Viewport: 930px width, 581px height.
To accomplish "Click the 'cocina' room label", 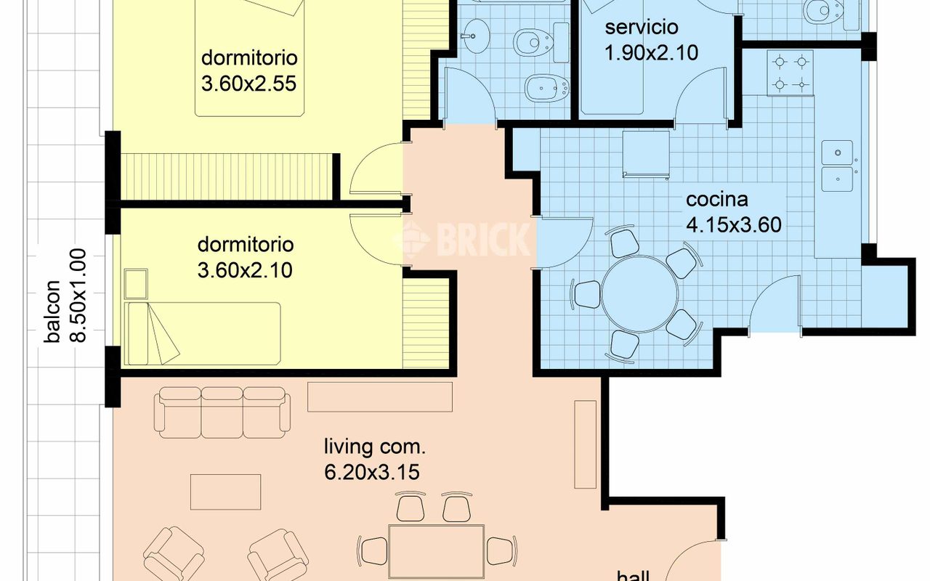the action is point(717,200).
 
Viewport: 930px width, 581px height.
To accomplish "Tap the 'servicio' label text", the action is point(642,28).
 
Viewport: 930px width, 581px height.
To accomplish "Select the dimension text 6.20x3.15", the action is point(372,472).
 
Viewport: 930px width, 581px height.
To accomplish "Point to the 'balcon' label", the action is point(53,312).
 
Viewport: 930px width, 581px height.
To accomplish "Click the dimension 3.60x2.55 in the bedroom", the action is point(248,84).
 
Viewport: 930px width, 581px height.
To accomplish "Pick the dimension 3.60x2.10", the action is point(245,271).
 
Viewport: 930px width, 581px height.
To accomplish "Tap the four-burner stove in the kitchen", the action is point(790,73).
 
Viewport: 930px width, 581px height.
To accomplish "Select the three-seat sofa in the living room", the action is point(222,413).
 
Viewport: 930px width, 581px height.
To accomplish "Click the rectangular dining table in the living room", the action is point(437,552).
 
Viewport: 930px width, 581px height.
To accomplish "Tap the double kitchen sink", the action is point(838,166).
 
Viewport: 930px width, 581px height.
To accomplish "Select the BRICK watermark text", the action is point(461,240).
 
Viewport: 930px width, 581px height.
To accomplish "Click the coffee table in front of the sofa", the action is point(226,492).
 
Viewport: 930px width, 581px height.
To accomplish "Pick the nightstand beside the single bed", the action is point(136,284).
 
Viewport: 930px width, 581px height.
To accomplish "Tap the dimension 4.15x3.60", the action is point(734,225).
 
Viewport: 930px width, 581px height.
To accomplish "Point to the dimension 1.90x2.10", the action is point(652,53).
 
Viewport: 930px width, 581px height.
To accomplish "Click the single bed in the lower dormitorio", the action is point(203,333).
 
